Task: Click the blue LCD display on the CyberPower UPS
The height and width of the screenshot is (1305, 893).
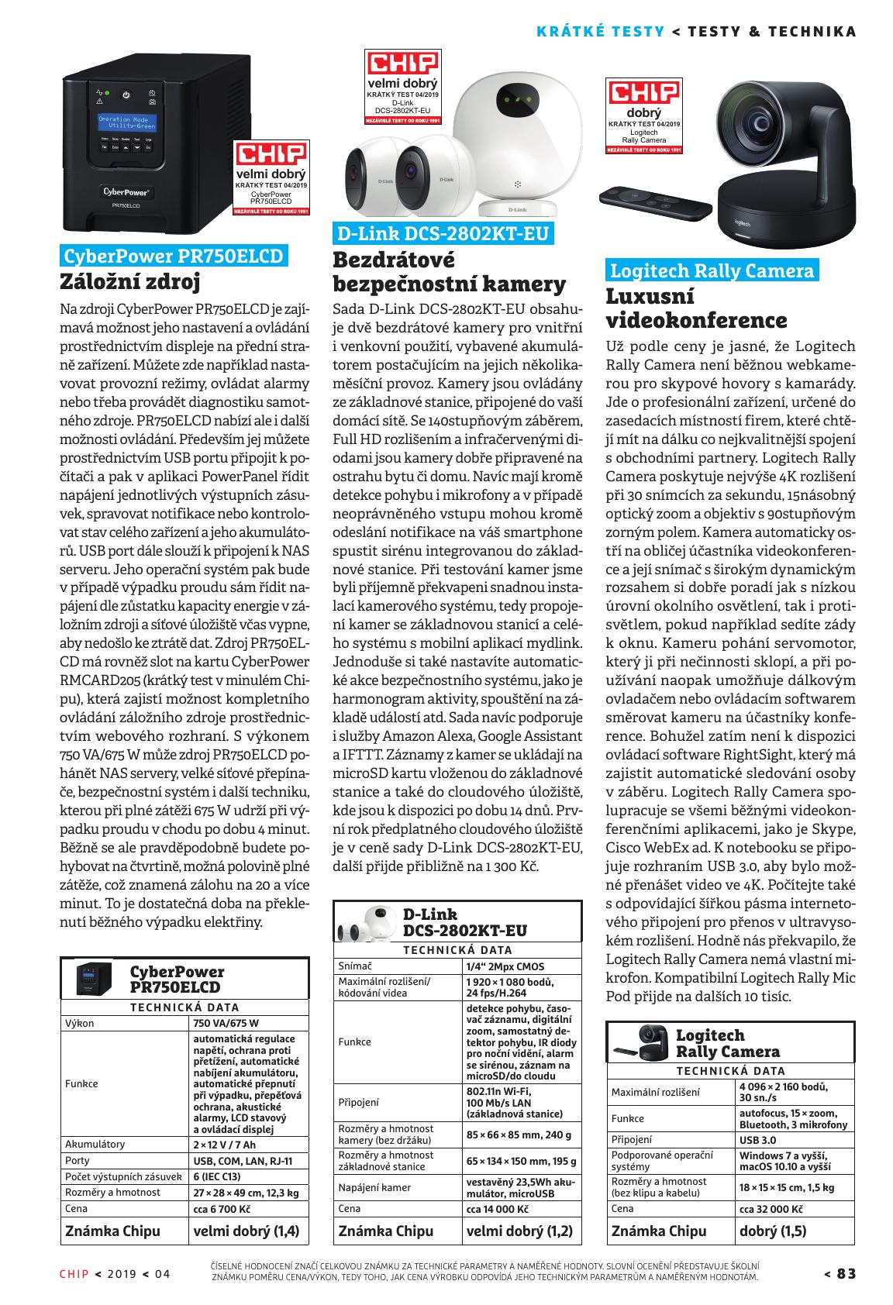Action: click(126, 122)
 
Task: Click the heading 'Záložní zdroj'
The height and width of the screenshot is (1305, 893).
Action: click(130, 281)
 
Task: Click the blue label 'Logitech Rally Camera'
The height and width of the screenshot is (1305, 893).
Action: click(712, 270)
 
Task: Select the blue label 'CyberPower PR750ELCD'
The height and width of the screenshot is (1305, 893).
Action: click(173, 256)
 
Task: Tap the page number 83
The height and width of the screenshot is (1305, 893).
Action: click(846, 1274)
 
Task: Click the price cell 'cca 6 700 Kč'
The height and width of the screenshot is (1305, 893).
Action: click(222, 1208)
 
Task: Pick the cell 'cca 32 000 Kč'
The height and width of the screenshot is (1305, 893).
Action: click(771, 1208)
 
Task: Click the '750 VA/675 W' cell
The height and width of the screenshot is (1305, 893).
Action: click(226, 1023)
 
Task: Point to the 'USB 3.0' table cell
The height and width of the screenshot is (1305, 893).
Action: click(757, 1140)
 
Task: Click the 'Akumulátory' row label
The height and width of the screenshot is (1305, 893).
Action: click(95, 1144)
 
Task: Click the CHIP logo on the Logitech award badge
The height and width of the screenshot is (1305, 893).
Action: click(643, 92)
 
